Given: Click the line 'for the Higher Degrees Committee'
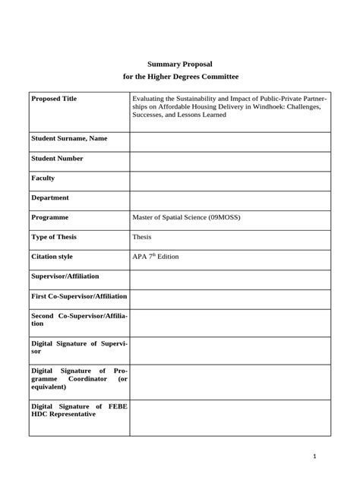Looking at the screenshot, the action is point(180,77).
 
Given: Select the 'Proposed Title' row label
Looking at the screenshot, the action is point(54,99).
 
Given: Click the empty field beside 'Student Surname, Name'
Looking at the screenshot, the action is point(230,142).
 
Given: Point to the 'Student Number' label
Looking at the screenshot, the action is point(58,159).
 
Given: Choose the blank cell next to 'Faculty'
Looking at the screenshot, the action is point(230,181).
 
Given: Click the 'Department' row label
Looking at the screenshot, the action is point(50,198).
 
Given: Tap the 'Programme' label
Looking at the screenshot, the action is point(50,218).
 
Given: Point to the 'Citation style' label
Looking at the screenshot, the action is point(52,257).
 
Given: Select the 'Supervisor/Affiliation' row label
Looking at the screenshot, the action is point(65,276).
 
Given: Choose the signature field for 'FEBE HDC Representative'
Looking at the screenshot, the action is point(230,418).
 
